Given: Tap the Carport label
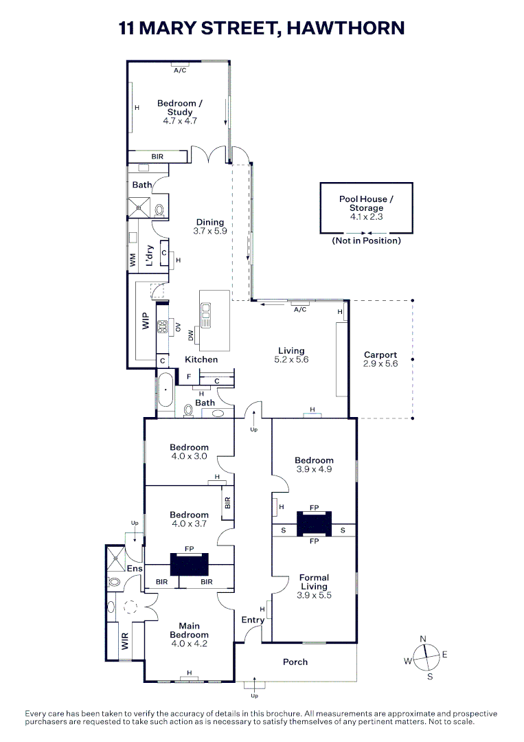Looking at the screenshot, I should (x=380, y=355).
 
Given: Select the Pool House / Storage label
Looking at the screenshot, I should (x=366, y=203).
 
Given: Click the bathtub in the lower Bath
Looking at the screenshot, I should (x=166, y=390).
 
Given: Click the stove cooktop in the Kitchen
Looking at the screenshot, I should (x=163, y=327).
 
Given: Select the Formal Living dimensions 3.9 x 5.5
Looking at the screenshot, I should (x=314, y=596).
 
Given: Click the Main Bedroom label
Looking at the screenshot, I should (x=189, y=630).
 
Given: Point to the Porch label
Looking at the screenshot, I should (x=295, y=662).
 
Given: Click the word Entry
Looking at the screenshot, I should (x=253, y=620).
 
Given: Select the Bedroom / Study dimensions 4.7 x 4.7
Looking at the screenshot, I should (x=180, y=121).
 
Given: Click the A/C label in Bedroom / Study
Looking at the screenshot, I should (x=180, y=70).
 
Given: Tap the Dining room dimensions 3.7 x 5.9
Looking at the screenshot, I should (x=210, y=232).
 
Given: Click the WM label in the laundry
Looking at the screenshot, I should (x=133, y=259).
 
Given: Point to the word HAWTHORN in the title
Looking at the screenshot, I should (x=345, y=28).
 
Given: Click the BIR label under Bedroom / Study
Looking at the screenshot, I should (x=157, y=157).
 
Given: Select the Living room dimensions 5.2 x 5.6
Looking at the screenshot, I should (x=291, y=359).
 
